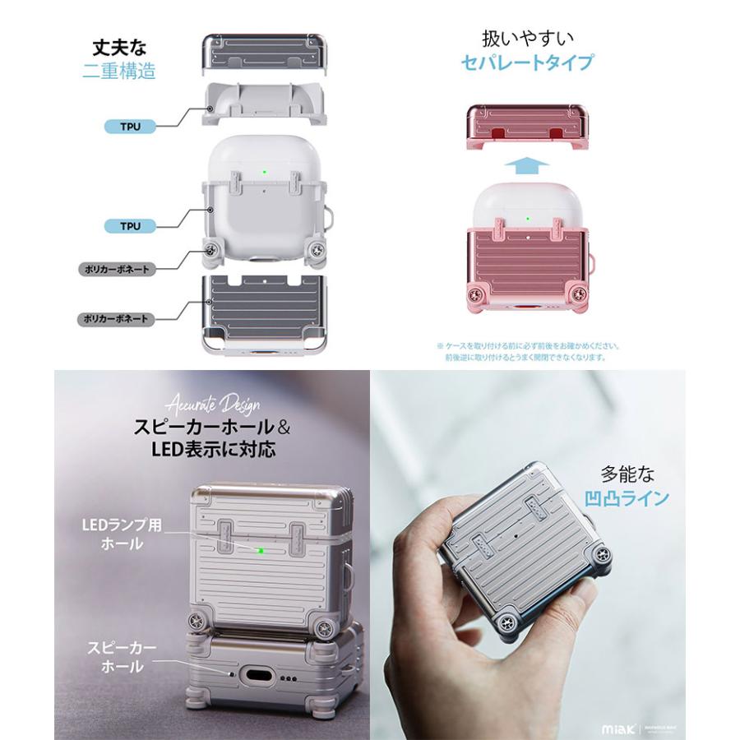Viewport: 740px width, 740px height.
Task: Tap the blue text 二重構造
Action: tap(120, 71)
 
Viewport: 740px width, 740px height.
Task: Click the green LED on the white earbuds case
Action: tap(264, 173)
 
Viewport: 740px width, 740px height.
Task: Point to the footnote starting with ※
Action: tap(529, 352)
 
